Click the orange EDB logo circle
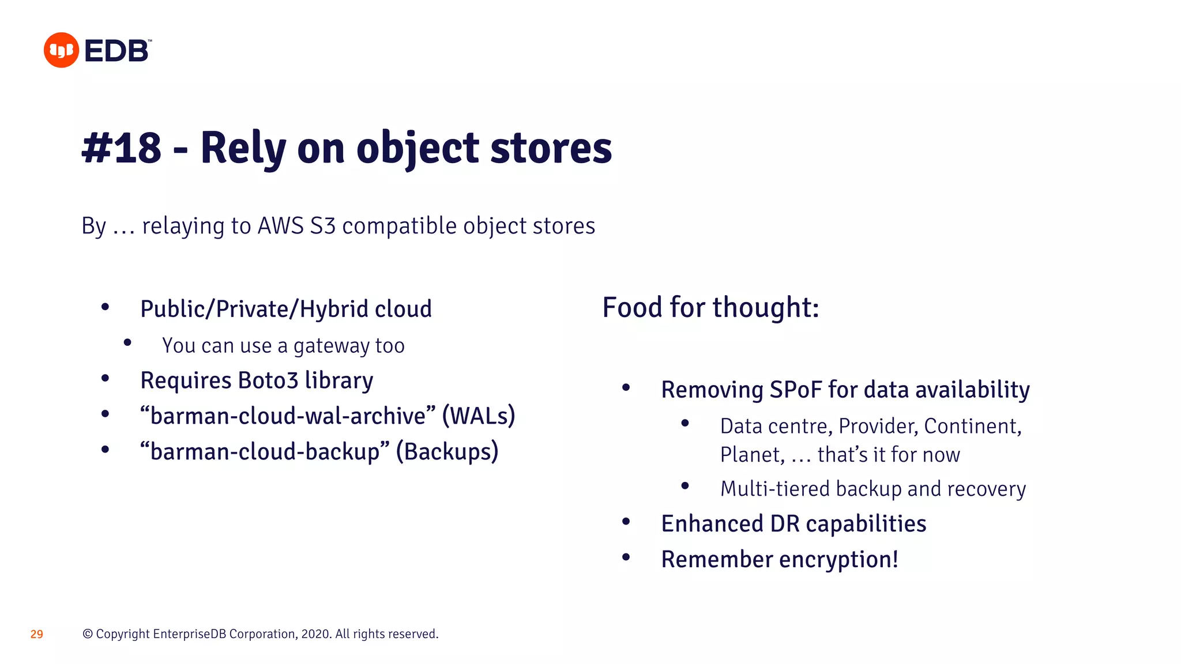click(61, 50)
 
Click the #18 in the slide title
click(122, 148)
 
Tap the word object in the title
click(418, 148)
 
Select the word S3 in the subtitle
click(322, 226)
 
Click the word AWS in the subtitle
click(280, 226)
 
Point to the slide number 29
click(36, 635)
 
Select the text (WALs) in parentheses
click(479, 416)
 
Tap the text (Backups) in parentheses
click(447, 451)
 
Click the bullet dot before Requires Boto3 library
click(105, 379)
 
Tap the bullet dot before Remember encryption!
click(626, 557)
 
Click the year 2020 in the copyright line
click(315, 634)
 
